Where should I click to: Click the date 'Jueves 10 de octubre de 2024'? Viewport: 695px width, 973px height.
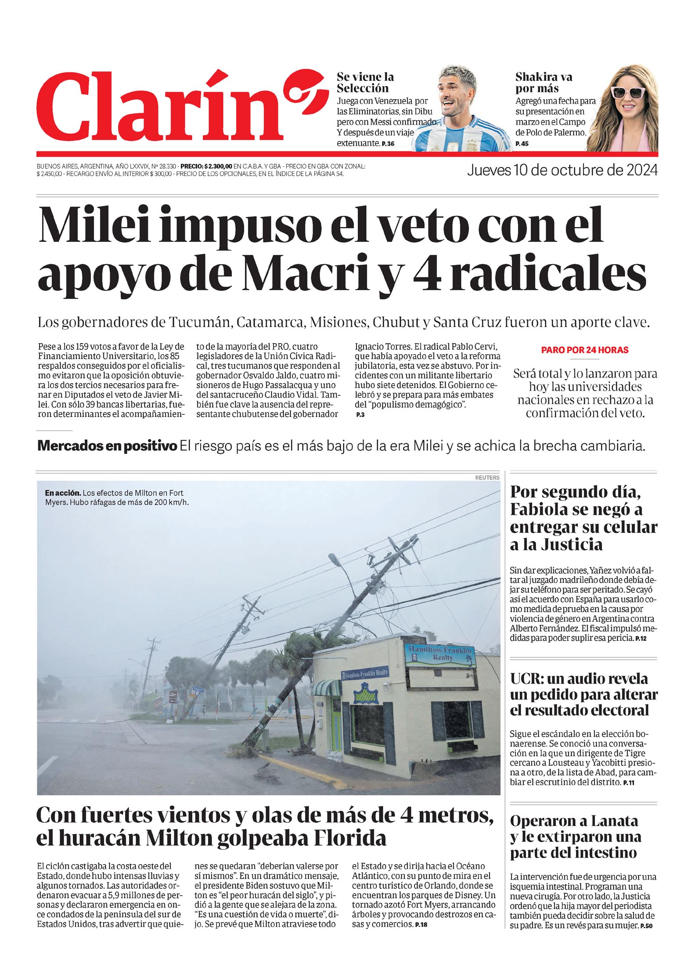562,170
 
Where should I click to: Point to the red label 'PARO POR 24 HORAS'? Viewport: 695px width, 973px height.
584,350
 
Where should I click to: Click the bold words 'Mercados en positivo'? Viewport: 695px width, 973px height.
107,446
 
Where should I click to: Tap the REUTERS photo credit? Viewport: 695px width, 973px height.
487,477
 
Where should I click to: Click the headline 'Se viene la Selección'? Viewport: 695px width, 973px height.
365,83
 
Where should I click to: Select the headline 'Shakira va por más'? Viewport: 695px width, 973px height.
544,83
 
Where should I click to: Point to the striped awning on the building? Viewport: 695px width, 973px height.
326,687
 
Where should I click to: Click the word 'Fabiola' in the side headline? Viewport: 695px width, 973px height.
546,510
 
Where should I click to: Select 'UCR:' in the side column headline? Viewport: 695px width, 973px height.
526,679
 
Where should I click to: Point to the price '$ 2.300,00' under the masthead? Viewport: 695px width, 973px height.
218,166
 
